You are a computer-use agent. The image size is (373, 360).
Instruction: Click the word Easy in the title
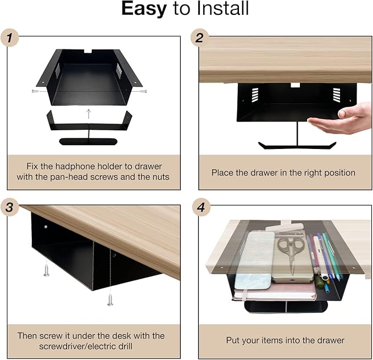coord(144,9)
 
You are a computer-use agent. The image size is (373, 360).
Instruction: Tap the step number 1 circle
coord(10,38)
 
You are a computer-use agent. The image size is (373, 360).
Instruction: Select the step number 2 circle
coord(200,38)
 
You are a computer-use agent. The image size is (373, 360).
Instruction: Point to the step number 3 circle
coord(10,207)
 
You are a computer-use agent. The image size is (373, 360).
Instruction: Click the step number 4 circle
coord(201,207)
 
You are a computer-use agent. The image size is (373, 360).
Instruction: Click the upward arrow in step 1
coord(88,114)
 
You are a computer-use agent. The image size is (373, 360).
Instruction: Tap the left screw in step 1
coord(35,91)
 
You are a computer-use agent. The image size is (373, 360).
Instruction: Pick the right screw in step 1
coord(143,91)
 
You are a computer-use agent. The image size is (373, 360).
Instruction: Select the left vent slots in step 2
coord(255,95)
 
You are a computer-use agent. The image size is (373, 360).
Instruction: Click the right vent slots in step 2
coord(337,95)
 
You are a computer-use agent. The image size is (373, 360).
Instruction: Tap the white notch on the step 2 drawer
coord(295,85)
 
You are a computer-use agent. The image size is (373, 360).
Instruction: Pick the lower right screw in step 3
coord(110,300)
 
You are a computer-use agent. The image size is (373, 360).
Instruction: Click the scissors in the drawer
coord(291,253)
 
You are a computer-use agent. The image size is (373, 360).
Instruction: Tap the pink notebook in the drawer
coord(275,292)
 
